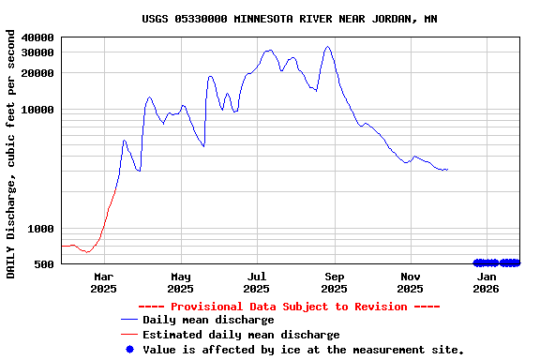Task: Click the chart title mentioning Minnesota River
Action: (x=290, y=19)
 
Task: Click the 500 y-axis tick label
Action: (x=46, y=264)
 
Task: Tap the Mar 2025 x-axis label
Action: (x=103, y=282)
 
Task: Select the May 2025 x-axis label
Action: (x=181, y=282)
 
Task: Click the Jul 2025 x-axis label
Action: (x=257, y=282)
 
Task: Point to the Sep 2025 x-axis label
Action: (x=334, y=282)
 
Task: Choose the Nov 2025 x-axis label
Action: (x=411, y=282)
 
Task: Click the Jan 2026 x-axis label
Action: (x=487, y=282)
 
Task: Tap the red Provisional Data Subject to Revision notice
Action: (x=289, y=307)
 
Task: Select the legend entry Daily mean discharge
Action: (x=208, y=320)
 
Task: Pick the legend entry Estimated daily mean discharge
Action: (x=241, y=335)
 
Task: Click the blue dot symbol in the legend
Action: (x=129, y=349)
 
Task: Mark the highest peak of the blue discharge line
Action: (x=327, y=47)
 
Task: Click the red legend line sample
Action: (x=129, y=335)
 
